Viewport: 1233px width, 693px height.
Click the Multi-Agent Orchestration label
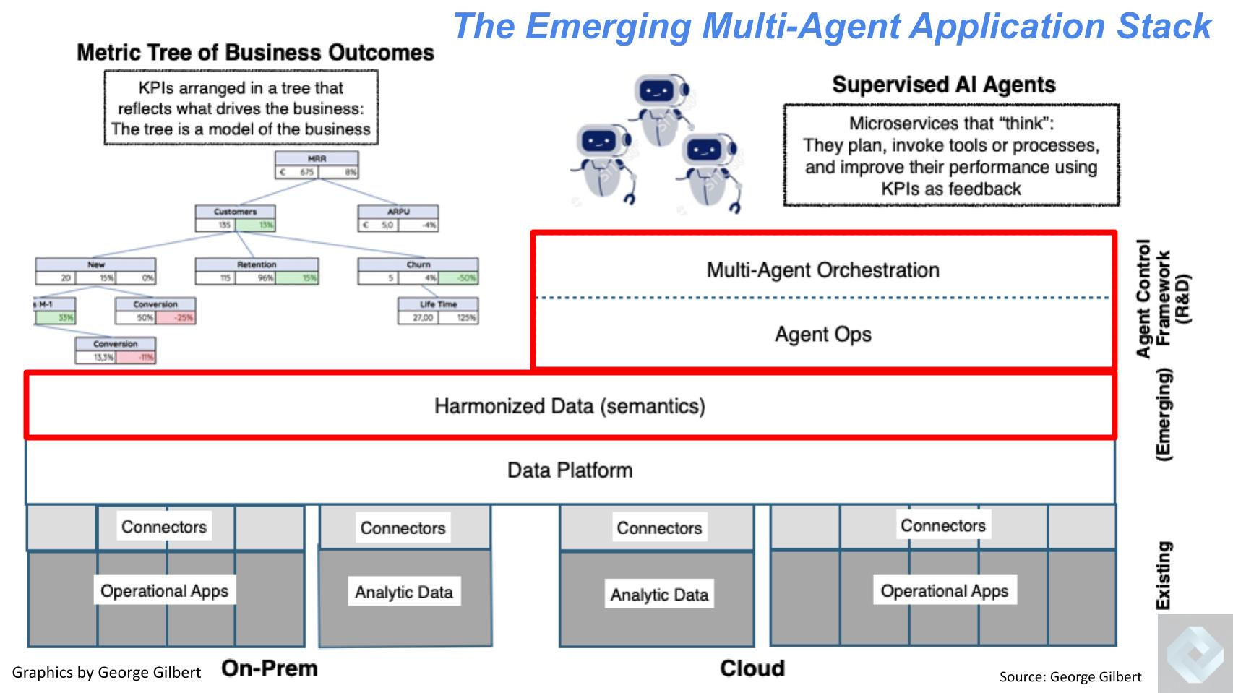[x=822, y=270]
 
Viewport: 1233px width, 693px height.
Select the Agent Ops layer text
[x=822, y=335]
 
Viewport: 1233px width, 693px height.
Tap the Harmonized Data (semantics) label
[x=570, y=406]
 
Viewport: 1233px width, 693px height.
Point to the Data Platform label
[x=570, y=470]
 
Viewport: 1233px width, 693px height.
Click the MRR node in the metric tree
[x=317, y=165]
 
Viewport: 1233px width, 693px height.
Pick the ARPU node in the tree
[x=398, y=218]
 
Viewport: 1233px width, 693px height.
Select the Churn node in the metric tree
[x=418, y=271]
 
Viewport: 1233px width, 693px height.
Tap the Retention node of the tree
[x=257, y=271]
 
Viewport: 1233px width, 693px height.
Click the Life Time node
[x=438, y=311]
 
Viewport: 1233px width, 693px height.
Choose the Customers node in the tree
[x=235, y=218]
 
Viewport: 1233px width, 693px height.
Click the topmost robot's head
[x=658, y=92]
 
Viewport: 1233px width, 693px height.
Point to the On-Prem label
[x=270, y=668]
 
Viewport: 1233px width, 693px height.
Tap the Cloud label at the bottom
[x=752, y=668]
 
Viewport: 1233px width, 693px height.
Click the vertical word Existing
[x=1163, y=575]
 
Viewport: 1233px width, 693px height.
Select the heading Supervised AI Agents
[x=943, y=85]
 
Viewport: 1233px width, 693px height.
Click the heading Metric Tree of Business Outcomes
[x=255, y=53]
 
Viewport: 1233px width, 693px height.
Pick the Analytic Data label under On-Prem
[x=403, y=593]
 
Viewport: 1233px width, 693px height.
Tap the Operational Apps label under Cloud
[x=944, y=591]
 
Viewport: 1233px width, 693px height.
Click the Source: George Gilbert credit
[x=1070, y=677]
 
